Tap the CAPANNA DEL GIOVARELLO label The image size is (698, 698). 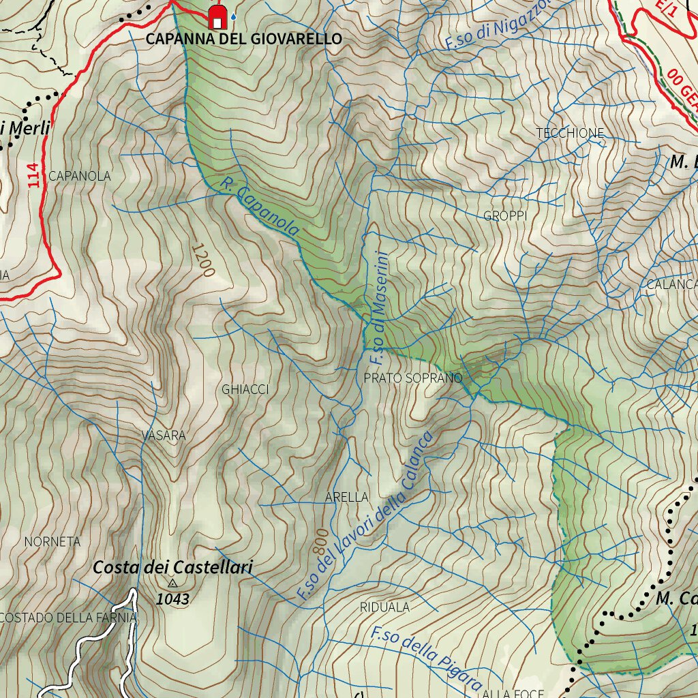coord(243,39)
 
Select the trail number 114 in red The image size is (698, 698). coord(34,174)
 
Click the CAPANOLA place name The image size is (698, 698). coord(79,176)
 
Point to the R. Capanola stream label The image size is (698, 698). coord(260,207)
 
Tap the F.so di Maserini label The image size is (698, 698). coord(377,309)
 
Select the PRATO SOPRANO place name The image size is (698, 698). coord(413,378)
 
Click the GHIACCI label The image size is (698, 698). coord(245,389)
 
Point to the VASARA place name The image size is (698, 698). coord(164,435)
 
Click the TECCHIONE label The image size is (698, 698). coord(570,133)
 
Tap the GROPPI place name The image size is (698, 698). coord(505,216)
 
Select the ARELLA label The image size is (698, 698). coord(347,497)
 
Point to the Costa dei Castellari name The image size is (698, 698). coord(172,566)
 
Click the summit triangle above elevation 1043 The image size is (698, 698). coord(172,583)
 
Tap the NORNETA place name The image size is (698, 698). coord(52,542)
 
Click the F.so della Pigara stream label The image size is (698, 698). coord(427,659)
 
